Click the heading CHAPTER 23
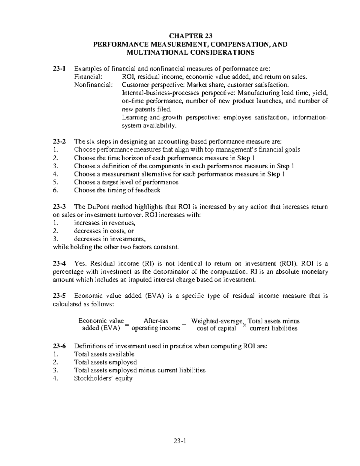(190, 36)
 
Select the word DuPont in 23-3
(99, 207)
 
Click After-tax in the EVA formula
(156, 321)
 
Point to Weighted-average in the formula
(217, 321)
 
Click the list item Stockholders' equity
(103, 378)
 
